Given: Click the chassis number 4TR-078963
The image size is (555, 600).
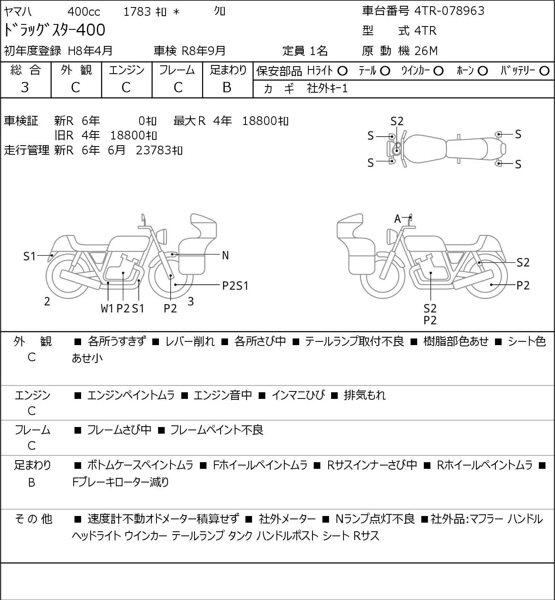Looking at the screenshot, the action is coord(449,11).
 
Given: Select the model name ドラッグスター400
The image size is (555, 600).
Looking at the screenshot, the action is coord(54,30).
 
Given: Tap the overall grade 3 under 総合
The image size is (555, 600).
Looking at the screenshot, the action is coord(25,87).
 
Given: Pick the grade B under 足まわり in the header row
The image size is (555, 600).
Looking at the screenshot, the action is coord(227,87).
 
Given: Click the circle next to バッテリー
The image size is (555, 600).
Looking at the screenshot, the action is coord(544,71).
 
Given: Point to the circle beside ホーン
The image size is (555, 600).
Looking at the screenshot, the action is coord(483,71).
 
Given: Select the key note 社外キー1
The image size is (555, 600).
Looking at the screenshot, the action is coord(327,89).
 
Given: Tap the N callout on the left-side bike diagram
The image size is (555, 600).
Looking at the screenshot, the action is coord(225,256).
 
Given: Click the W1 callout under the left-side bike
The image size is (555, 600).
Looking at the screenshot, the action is coord(107,308).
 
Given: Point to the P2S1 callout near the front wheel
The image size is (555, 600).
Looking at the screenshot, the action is coord(235,286).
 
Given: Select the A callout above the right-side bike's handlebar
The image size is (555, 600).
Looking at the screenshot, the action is coord(397,219).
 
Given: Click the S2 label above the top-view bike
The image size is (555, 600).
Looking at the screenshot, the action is coord(397,122).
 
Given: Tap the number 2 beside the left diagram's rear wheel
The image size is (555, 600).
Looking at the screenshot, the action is coord(47,302).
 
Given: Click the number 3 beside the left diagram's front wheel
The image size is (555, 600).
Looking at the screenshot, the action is coord(190,301).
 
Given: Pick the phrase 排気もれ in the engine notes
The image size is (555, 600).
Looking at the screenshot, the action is coord(365,395).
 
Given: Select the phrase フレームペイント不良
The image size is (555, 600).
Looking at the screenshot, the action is coord(217,430).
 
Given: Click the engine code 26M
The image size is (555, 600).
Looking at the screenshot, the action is coord(426,51).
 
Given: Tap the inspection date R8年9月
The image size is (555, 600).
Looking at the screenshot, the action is coord(203,51).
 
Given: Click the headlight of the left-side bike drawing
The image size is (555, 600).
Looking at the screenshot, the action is coord(162,237).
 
